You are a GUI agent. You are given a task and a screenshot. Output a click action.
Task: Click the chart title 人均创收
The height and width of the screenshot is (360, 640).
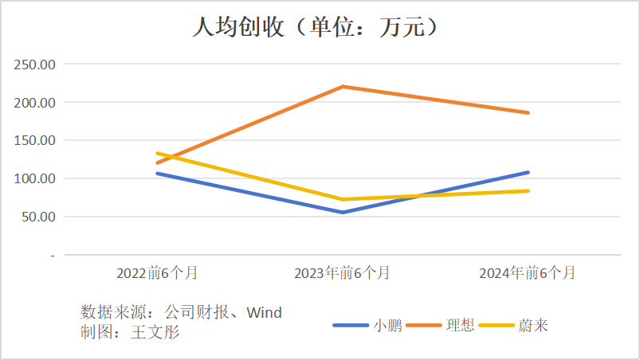coord(319,27)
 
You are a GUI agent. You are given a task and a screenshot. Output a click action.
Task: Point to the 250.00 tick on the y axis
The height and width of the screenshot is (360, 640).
coord(35,65)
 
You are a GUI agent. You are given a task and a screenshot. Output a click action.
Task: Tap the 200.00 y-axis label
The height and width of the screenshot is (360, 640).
coord(35,103)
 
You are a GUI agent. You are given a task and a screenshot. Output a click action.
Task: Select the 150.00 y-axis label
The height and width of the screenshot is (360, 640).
coord(35,141)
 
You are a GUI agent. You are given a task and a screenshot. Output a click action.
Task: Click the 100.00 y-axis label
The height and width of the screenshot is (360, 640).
coord(35,178)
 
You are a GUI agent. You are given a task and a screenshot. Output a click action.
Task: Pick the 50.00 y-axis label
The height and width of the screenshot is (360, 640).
coord(38,217)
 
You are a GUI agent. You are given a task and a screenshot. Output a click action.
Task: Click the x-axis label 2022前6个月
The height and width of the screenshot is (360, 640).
coord(157,273)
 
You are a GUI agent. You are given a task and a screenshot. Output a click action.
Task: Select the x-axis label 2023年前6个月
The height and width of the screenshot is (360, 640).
coord(342,273)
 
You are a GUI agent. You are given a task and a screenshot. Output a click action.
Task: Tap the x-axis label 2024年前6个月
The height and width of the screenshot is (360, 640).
coord(527,273)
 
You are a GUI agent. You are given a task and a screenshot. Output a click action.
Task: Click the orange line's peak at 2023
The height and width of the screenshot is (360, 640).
coord(343,86)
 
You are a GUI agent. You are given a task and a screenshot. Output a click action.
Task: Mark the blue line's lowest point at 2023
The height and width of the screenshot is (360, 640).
coord(343,212)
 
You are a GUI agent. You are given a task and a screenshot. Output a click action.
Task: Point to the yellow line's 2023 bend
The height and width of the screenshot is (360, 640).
coord(343,199)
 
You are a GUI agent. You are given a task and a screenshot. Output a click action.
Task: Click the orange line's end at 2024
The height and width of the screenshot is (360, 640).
coord(528,112)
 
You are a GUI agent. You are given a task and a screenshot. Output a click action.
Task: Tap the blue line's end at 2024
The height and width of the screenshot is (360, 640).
coord(528,172)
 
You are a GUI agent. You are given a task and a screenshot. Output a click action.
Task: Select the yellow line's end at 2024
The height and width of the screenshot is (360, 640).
coord(528,190)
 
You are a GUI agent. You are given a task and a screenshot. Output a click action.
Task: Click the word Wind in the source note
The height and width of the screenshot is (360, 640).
coord(264,312)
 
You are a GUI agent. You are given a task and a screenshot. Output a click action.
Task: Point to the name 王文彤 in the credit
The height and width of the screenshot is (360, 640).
coord(155,332)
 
